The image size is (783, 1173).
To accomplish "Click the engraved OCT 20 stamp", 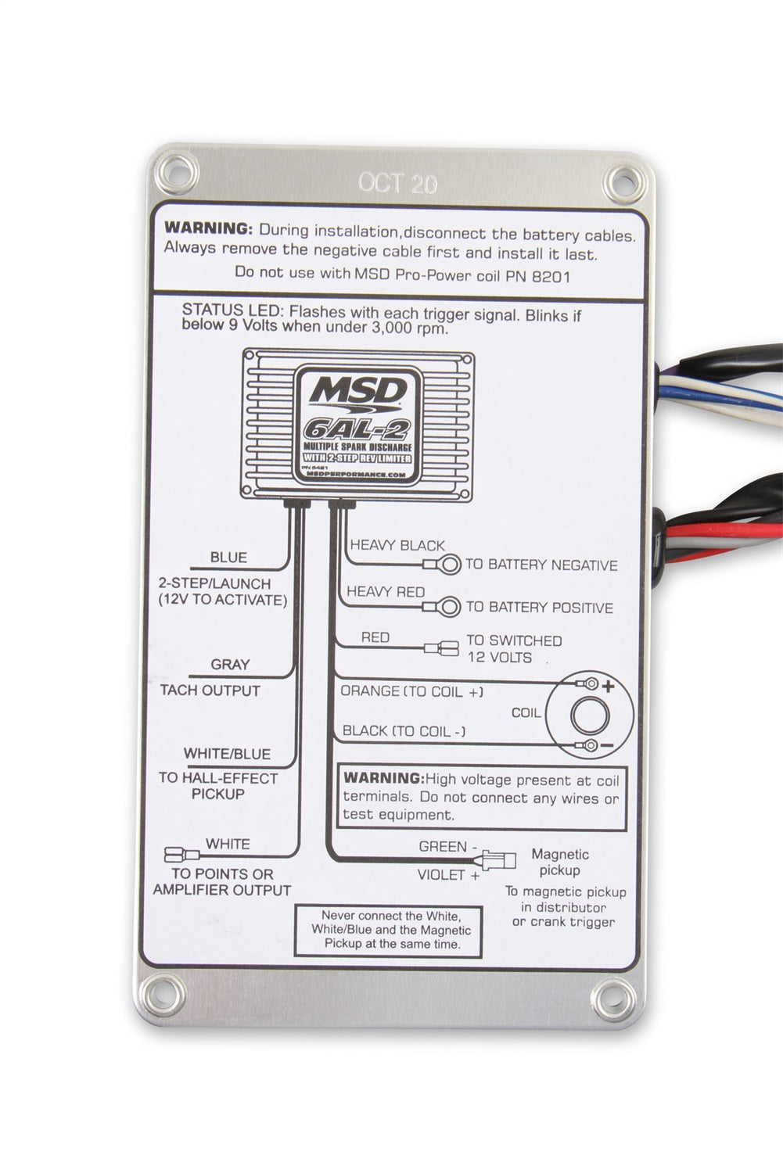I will pyautogui.click(x=397, y=183).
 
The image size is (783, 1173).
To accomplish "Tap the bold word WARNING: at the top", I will pyautogui.click(x=208, y=229).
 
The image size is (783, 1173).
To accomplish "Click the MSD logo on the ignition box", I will pyautogui.click(x=357, y=390).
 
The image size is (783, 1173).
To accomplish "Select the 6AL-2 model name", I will pyautogui.click(x=357, y=428).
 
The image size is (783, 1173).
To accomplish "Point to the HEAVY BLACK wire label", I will pyautogui.click(x=397, y=545).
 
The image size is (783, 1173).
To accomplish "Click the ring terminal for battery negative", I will pyautogui.click(x=447, y=565).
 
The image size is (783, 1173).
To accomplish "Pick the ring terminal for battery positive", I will pyautogui.click(x=448, y=606).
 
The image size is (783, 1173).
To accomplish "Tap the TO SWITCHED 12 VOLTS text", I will pyautogui.click(x=514, y=649).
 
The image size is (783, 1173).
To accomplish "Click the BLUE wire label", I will pyautogui.click(x=228, y=558).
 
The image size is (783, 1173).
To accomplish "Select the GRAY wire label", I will pyautogui.click(x=230, y=665).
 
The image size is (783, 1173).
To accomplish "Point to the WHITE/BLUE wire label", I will pyautogui.click(x=227, y=754).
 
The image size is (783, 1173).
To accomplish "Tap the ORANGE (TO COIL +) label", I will pyautogui.click(x=411, y=691).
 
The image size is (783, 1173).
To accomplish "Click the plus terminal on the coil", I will pyautogui.click(x=591, y=684).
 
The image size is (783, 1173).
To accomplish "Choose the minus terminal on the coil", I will pyautogui.click(x=591, y=745).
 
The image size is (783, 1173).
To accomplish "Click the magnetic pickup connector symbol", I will pyautogui.click(x=501, y=860).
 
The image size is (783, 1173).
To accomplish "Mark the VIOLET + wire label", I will pyautogui.click(x=448, y=875).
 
